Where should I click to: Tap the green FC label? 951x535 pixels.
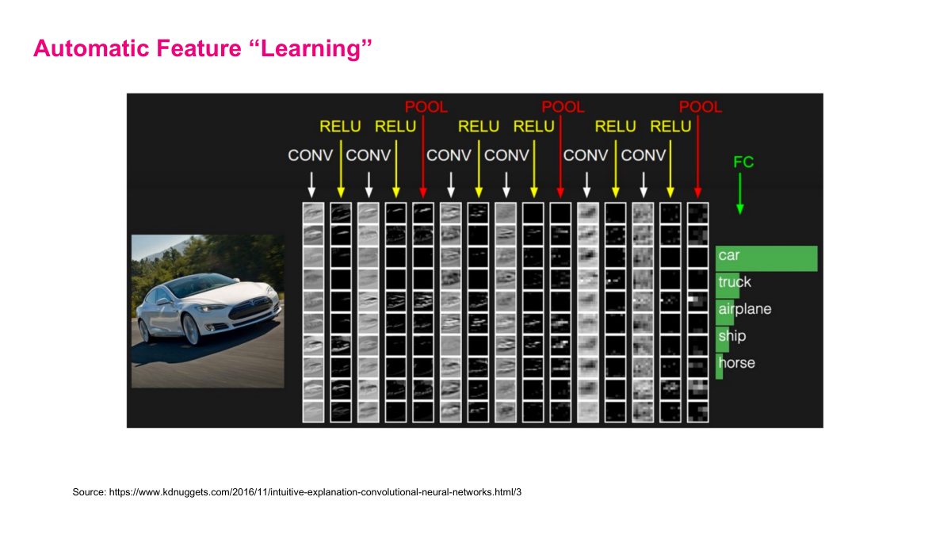(743, 162)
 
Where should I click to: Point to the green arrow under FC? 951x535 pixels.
(740, 194)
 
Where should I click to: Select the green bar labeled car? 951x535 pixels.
(766, 258)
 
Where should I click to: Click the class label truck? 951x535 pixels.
(735, 282)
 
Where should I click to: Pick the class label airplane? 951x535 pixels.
(744, 309)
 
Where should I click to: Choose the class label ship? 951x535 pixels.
(732, 336)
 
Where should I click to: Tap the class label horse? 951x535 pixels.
(736, 363)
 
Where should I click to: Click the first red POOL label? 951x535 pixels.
(426, 107)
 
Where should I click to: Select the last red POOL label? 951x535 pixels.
(701, 107)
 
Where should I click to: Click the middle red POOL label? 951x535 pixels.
(563, 107)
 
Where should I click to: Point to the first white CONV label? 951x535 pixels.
(310, 155)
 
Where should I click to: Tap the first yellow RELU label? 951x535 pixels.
(340, 127)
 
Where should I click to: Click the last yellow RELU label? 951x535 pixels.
(670, 127)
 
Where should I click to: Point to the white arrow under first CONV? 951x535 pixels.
(311, 184)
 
